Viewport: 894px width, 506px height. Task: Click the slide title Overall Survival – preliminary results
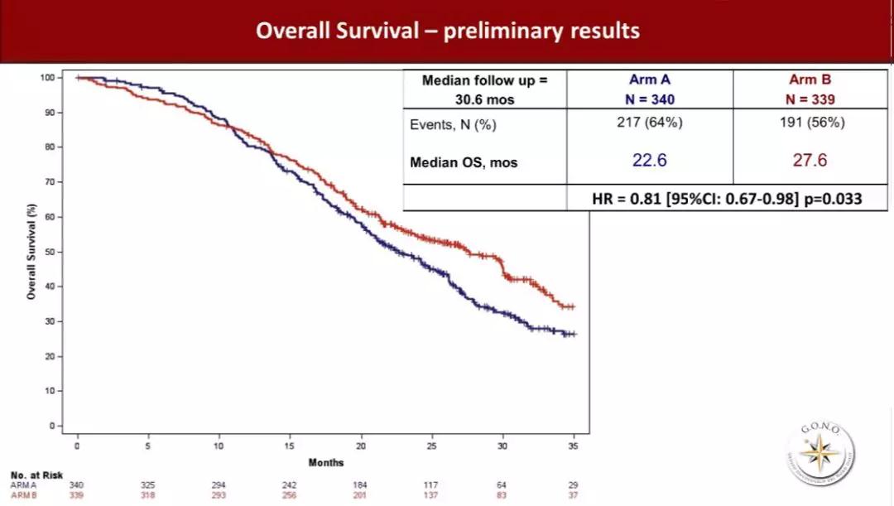pos(447,31)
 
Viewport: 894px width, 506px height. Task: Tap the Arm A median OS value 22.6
pos(649,160)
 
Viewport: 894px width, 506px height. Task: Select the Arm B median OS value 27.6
pos(810,160)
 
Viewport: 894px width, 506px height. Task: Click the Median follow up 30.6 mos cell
pos(484,89)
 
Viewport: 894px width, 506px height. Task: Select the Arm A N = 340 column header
pos(650,89)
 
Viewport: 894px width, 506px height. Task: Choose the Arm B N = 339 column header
pos(810,89)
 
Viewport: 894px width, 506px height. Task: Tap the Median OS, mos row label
pos(463,162)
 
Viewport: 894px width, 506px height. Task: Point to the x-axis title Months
pos(325,462)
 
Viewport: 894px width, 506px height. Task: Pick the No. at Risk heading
pos(31,475)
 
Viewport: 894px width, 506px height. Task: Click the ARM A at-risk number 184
pos(361,485)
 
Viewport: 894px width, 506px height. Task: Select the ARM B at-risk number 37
pos(574,495)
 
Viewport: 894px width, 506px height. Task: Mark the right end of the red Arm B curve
pos(574,306)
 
